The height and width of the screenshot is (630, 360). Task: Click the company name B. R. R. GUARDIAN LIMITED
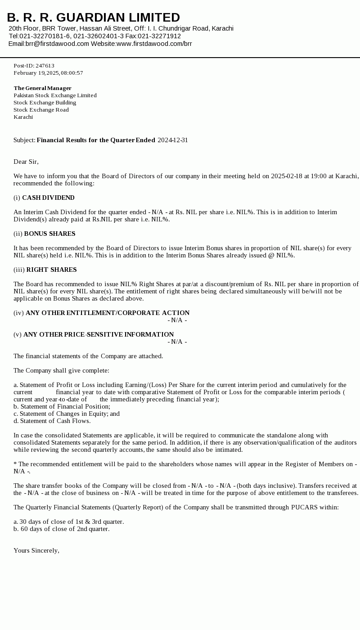pos(93,18)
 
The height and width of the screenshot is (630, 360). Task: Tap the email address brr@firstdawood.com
pos(57,44)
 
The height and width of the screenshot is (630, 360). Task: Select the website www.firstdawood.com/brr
pos(154,44)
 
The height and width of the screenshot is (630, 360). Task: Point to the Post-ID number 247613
pos(45,66)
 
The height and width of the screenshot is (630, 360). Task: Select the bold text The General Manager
pos(42,88)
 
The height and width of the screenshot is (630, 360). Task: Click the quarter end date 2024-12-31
pos(173,140)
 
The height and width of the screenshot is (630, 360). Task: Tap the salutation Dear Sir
pos(26,162)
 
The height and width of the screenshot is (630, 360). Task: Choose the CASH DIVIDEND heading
pos(48,198)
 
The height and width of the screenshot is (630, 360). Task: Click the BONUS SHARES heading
pos(49,234)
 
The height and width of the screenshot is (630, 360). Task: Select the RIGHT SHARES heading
pos(51,270)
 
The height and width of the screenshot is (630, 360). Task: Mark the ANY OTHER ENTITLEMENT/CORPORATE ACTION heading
pos(108,313)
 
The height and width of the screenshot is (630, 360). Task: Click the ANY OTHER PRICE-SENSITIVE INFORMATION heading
pos(99,334)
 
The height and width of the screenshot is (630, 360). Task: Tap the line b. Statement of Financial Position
pos(62,406)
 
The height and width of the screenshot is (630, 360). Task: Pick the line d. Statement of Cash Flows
pos(52,421)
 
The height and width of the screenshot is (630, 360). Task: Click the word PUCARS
pos(305,507)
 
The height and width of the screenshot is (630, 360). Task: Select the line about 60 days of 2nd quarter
pos(61,529)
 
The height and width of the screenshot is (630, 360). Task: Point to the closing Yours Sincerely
pos(36,550)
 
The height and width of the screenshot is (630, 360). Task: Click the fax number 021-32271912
pos(159,36)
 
